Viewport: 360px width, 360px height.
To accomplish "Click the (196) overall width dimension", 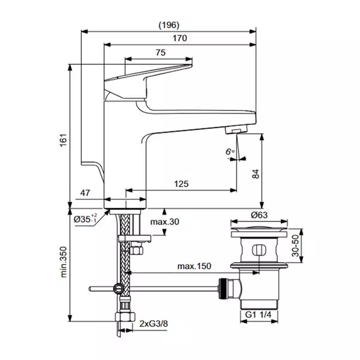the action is pyautogui.click(x=169, y=25).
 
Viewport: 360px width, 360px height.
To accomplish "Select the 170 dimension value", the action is pyautogui.click(x=180, y=38).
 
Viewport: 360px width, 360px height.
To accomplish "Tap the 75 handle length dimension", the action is pyautogui.click(x=161, y=53).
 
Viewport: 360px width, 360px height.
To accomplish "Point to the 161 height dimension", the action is pyautogui.click(x=63, y=140).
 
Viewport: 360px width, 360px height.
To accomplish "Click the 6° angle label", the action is pyautogui.click(x=230, y=152).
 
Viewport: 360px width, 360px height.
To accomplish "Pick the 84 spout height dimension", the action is pyautogui.click(x=256, y=174).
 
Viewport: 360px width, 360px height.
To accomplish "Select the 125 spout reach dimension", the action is pyautogui.click(x=181, y=184).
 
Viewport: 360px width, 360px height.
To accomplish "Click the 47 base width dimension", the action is pyautogui.click(x=85, y=193).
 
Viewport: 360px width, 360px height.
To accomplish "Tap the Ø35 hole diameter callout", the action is pyautogui.click(x=85, y=219).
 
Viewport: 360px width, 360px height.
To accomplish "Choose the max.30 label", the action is pyautogui.click(x=165, y=221).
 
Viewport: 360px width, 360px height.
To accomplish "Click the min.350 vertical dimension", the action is pyautogui.click(x=63, y=262).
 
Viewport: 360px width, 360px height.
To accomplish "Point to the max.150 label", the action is pyautogui.click(x=194, y=266).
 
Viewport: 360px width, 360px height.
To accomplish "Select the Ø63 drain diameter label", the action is pyautogui.click(x=259, y=215).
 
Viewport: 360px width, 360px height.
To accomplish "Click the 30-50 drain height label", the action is pyautogui.click(x=296, y=245).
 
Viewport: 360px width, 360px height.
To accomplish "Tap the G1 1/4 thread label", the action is pyautogui.click(x=258, y=315).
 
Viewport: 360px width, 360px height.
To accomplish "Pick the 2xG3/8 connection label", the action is pyautogui.click(x=153, y=324).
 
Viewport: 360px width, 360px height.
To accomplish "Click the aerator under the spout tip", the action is pyautogui.click(x=236, y=129).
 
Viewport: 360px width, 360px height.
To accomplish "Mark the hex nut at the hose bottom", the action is pyautogui.click(x=125, y=316).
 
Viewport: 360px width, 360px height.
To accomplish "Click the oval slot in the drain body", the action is pyautogui.click(x=259, y=250).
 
